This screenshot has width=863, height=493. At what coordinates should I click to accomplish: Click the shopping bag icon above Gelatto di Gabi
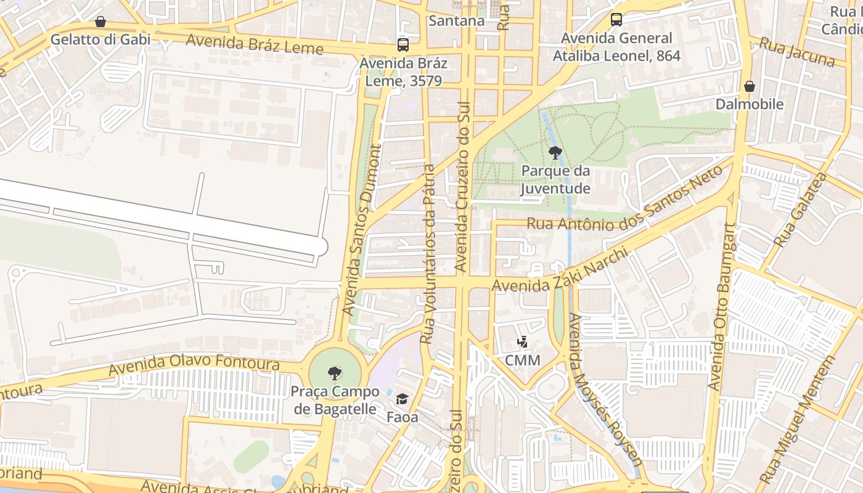[x=100, y=22]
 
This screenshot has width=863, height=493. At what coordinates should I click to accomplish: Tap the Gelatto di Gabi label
[x=100, y=39]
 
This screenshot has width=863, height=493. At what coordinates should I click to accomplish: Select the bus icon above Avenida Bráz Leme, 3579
[x=403, y=45]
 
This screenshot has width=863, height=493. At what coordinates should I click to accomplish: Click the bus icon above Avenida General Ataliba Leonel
[x=616, y=20]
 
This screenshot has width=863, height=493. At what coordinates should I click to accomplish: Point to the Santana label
[x=456, y=21]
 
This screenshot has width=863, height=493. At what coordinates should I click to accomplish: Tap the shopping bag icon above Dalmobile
[x=750, y=86]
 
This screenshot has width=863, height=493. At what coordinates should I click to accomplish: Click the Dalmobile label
[x=750, y=104]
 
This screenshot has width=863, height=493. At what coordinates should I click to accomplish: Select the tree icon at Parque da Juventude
[x=555, y=152]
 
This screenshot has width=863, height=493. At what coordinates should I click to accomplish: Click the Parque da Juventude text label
[x=555, y=179]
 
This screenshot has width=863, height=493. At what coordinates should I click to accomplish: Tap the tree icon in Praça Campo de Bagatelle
[x=335, y=373]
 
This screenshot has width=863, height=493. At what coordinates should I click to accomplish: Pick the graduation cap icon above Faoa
[x=402, y=399]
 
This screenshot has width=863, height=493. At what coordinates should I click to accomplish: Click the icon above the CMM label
[x=523, y=342]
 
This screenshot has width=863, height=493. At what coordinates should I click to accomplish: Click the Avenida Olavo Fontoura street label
[x=194, y=365]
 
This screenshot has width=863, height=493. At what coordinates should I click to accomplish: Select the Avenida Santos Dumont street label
[x=363, y=230]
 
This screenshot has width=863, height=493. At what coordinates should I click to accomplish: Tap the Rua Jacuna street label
[x=796, y=52]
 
